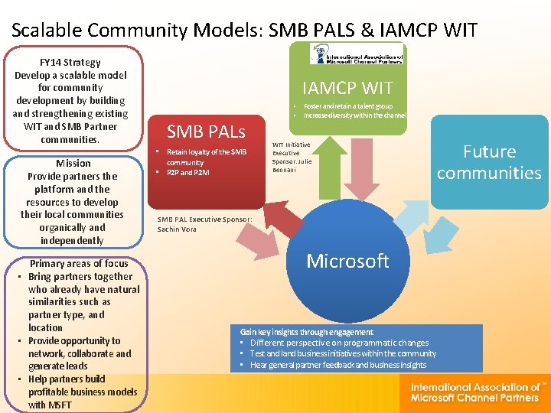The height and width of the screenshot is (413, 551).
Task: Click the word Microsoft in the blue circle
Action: click(347, 261)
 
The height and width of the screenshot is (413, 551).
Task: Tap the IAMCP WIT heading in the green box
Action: click(347, 88)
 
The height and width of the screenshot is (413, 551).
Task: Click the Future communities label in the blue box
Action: click(488, 162)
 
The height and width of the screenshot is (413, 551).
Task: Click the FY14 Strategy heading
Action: click(70, 62)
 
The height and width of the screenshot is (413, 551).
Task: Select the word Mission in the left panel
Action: click(73, 163)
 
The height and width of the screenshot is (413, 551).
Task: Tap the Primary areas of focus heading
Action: click(79, 264)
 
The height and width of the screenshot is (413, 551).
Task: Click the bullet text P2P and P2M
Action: click(187, 173)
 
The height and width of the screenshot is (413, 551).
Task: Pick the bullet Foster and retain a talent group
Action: click(348, 106)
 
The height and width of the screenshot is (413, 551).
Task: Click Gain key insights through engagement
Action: click(307, 332)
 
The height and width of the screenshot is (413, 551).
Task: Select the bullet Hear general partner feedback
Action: click(337, 365)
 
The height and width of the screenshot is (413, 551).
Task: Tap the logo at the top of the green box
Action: click(357, 54)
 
